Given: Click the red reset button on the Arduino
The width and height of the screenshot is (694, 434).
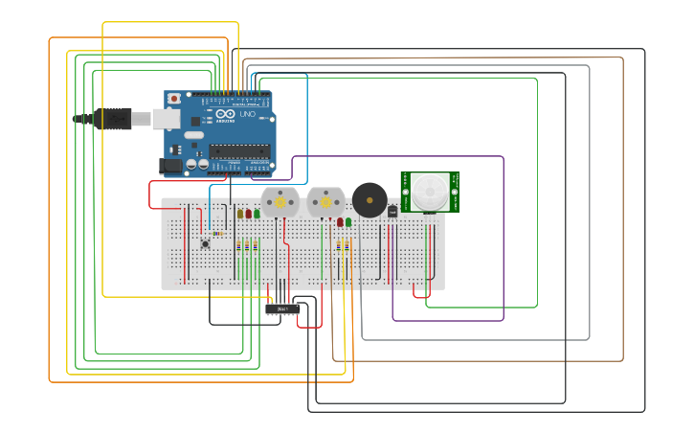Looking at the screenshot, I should [174, 99].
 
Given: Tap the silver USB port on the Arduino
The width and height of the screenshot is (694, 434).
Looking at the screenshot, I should [166, 119].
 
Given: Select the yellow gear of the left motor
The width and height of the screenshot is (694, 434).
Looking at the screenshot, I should [281, 202].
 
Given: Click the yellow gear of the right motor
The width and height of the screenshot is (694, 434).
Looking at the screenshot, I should [325, 202].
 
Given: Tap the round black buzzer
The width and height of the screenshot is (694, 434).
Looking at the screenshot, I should [369, 200].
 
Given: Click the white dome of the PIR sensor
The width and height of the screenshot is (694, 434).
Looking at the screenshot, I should [429, 191].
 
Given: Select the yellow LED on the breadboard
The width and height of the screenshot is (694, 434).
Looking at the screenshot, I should [240, 214].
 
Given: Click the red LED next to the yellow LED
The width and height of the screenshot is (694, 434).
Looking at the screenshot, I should [249, 214].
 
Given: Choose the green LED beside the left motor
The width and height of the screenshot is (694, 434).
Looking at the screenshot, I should [257, 214].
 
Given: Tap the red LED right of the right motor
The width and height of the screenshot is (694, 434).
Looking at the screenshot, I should [340, 222].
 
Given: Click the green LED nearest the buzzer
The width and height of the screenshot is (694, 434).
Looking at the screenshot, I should [348, 222].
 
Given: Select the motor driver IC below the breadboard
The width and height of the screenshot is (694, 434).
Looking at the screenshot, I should [282, 308].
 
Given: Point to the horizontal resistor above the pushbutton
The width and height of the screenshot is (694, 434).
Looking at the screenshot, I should [218, 233].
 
